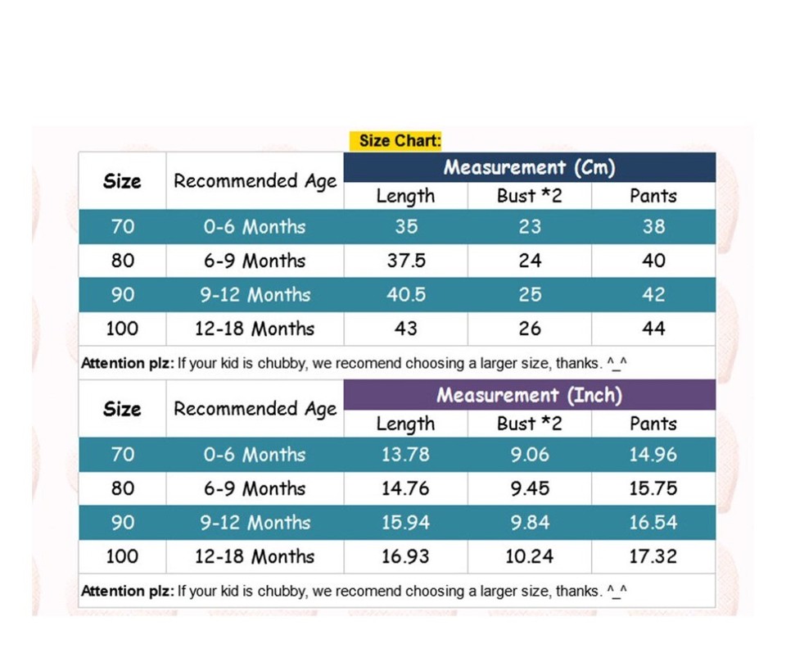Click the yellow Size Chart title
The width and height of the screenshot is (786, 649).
pyautogui.click(x=395, y=140)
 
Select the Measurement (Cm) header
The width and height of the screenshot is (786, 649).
pyautogui.click(x=530, y=167)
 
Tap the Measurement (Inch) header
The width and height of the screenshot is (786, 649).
pyautogui.click(x=530, y=395)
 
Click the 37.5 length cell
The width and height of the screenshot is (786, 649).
pyautogui.click(x=406, y=261)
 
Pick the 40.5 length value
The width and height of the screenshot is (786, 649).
pyautogui.click(x=406, y=294)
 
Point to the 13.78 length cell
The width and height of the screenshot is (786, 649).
pyautogui.click(x=405, y=455)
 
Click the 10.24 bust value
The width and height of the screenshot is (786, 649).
pyautogui.click(x=530, y=556)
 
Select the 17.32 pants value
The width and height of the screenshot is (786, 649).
pyautogui.click(x=653, y=556)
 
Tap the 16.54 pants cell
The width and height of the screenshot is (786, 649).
pyautogui.click(x=653, y=523)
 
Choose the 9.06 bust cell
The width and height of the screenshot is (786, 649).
pyautogui.click(x=530, y=455)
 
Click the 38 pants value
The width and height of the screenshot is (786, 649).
pyautogui.click(x=654, y=227)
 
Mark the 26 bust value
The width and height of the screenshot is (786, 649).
pyautogui.click(x=530, y=329)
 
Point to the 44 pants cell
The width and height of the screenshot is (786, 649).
pyautogui.click(x=653, y=329)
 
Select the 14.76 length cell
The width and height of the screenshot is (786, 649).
pyautogui.click(x=405, y=488)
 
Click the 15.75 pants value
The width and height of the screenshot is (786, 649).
pyautogui.click(x=653, y=488)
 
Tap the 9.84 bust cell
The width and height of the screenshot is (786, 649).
pyautogui.click(x=530, y=523)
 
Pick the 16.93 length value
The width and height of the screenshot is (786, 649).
pyautogui.click(x=405, y=556)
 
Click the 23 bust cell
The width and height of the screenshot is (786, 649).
pyautogui.click(x=530, y=227)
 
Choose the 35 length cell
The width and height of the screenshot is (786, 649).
pyautogui.click(x=406, y=227)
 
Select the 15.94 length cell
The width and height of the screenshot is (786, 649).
pyautogui.click(x=405, y=523)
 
